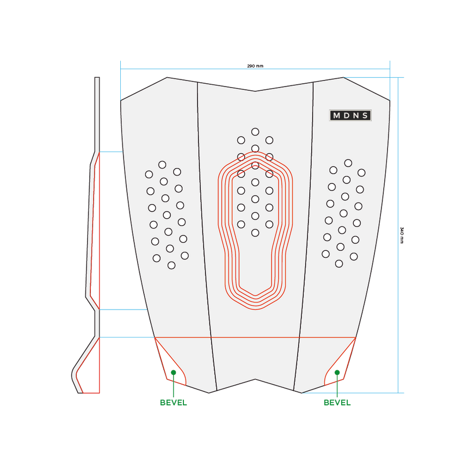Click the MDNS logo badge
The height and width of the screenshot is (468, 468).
click(351, 115)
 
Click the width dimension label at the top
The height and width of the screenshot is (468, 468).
click(255, 65)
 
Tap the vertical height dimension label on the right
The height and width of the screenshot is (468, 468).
click(402, 235)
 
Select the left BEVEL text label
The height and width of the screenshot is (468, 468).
click(173, 403)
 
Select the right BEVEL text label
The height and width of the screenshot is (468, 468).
click(337, 403)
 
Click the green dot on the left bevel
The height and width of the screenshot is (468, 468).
click(173, 373)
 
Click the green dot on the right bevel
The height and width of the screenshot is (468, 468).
click(337, 373)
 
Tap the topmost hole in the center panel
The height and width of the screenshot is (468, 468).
click(255, 131)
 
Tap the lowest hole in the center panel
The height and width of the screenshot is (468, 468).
click(255, 233)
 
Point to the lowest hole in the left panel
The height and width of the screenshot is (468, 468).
click(171, 265)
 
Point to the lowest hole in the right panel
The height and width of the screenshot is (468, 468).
click(338, 264)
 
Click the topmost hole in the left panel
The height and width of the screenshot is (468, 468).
click(162, 164)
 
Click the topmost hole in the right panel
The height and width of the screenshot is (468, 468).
click(348, 163)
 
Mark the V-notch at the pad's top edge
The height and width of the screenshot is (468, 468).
click(255, 91)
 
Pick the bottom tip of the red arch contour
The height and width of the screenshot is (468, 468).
click(255, 308)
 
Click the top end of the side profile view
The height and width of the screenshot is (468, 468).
click(97, 78)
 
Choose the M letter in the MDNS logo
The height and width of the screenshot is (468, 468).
click(336, 115)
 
